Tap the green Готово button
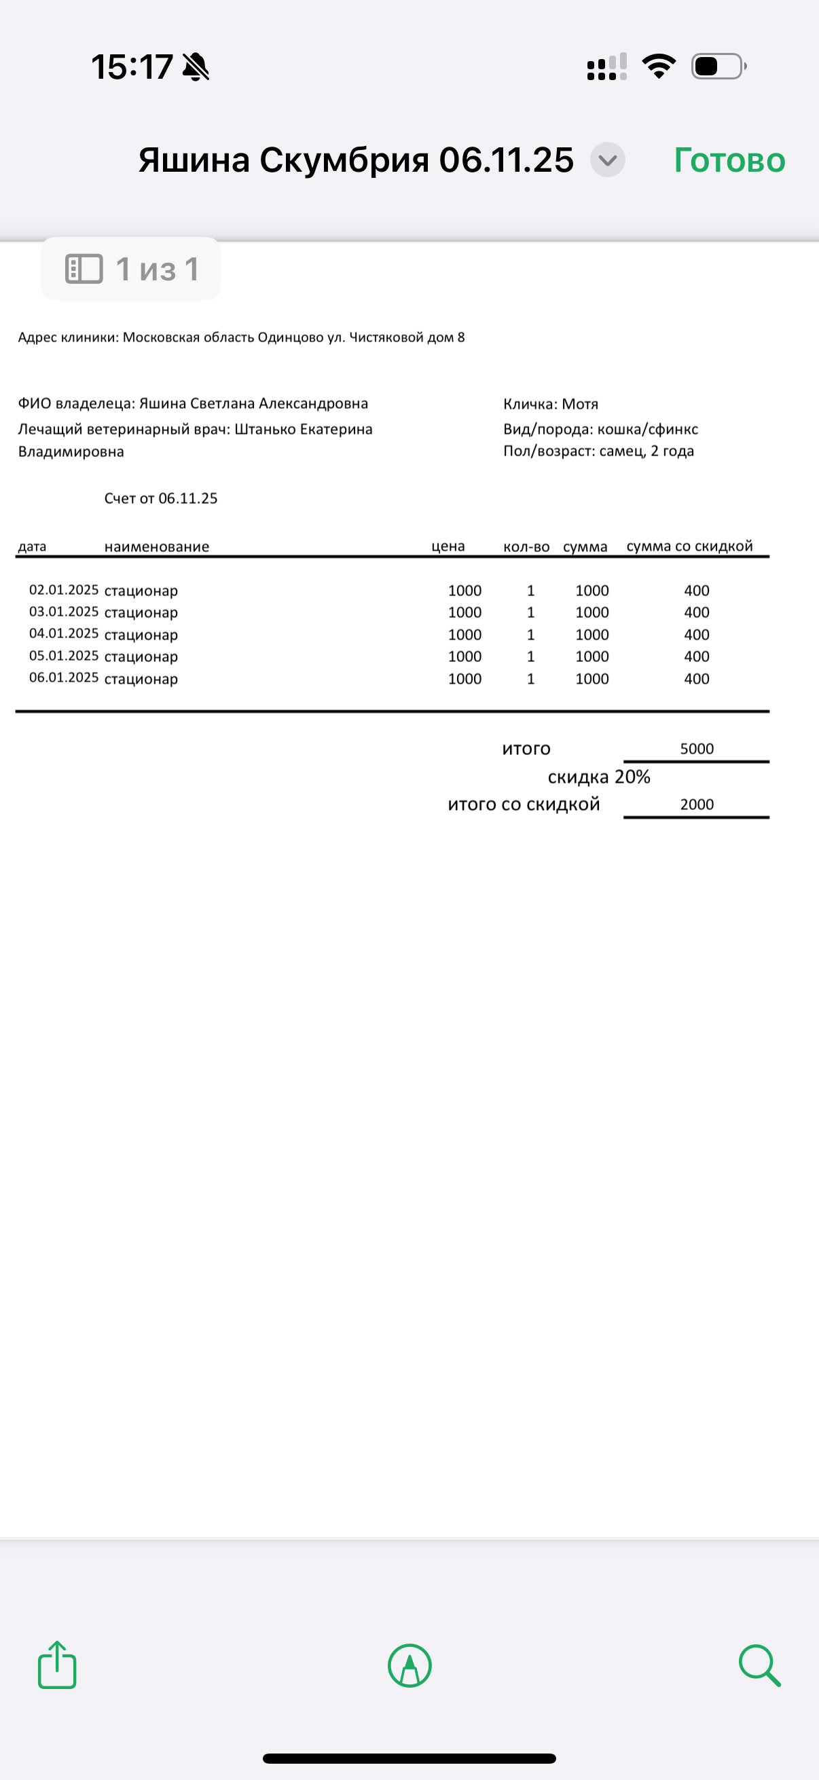[729, 160]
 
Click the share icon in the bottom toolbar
[56, 1665]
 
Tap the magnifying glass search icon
[759, 1665]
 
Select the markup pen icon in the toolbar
[410, 1665]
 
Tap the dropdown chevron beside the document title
[608, 160]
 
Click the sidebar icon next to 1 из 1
[84, 269]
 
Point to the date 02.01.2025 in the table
[64, 590]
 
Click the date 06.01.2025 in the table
[64, 678]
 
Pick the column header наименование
[157, 546]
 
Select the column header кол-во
[526, 546]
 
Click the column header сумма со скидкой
[689, 546]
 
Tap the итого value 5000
[697, 748]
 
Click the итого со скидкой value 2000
[697, 804]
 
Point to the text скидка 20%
[598, 777]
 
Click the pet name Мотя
[580, 404]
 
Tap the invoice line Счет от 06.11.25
[160, 498]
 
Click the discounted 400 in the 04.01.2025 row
[697, 634]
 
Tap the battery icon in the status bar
[718, 67]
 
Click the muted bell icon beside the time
[196, 67]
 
